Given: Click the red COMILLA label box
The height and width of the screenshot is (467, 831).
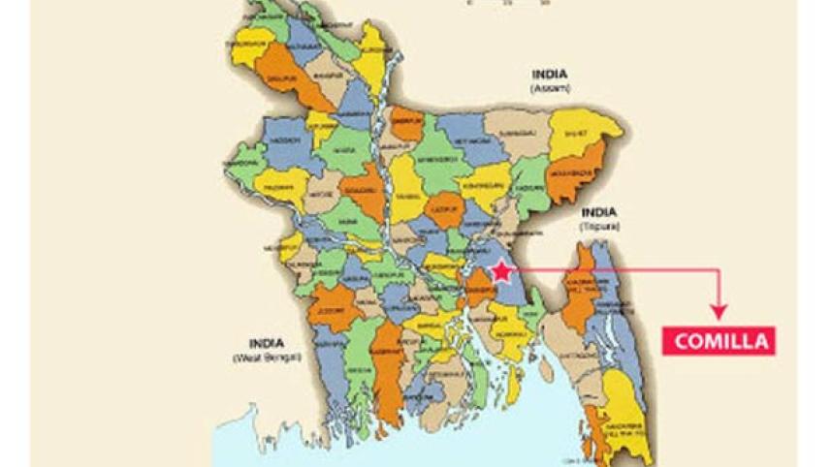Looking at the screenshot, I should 719,341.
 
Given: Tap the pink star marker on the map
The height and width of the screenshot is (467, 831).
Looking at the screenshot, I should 500,272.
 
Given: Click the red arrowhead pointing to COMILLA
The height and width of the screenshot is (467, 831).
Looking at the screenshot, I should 718,311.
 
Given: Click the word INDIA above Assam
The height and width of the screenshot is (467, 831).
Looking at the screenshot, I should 550,74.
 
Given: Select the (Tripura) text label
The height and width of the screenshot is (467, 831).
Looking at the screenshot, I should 600,226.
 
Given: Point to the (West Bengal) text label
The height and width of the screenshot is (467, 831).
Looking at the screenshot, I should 267,358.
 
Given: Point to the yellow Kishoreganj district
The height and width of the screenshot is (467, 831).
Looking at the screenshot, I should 484,184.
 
